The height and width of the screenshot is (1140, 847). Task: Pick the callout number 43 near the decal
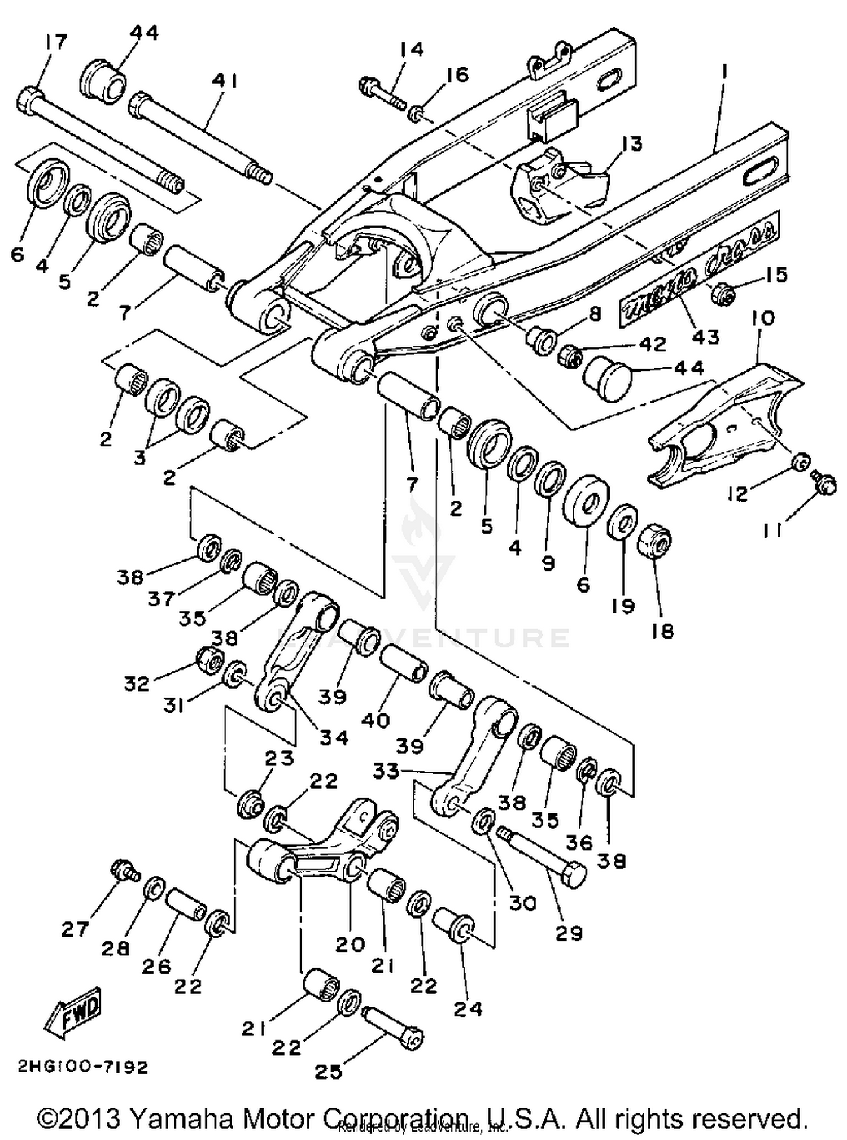pos(705,337)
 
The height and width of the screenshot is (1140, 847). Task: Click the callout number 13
pos(632,144)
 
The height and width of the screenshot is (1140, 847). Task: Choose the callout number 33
pos(386,771)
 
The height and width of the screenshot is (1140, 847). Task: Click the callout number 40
pos(376,720)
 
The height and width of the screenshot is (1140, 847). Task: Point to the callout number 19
pos(622,606)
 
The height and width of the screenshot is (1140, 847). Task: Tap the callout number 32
pos(137,684)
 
